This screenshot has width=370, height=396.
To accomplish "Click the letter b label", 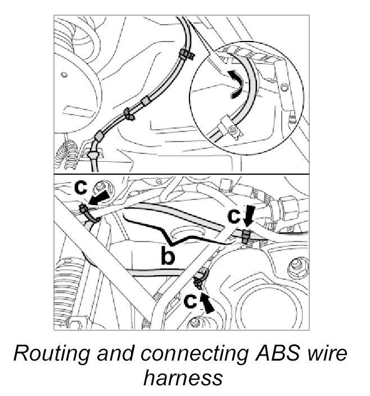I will tap(168, 256).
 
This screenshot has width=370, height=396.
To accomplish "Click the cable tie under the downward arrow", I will tap(246, 236).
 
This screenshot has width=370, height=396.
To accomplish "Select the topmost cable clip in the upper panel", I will tap(185, 55).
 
